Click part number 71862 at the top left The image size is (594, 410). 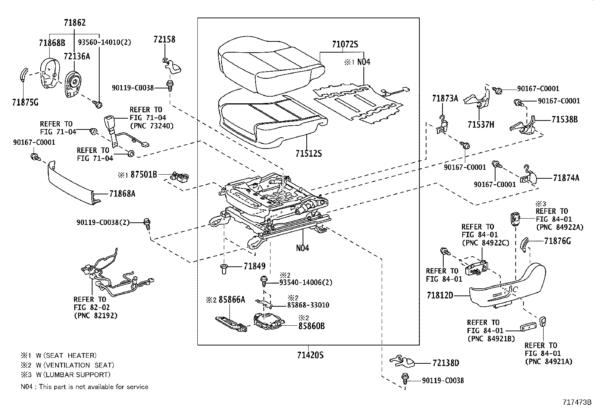click(75, 23)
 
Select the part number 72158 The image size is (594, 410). click(164, 39)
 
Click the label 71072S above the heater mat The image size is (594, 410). click(345, 45)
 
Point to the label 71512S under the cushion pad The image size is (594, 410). click(308, 153)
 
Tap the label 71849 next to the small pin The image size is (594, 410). click(254, 266)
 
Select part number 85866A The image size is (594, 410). click(232, 299)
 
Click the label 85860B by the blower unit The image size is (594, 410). click(311, 326)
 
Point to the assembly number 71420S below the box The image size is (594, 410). click(310, 355)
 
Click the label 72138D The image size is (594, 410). click(446, 363)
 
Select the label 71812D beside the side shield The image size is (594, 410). click(440, 295)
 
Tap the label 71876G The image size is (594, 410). click(557, 241)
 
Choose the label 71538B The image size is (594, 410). click(565, 119)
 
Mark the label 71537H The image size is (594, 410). click(481, 124)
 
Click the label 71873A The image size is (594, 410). click(445, 98)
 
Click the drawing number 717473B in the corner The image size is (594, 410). click(577, 403)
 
